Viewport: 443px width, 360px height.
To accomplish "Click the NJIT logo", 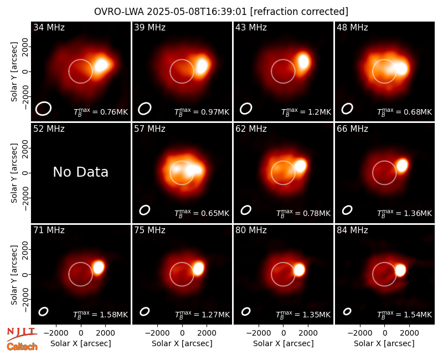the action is click(22, 334).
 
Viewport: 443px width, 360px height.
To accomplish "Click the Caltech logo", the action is click(22, 347).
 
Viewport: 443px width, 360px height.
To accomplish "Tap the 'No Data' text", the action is click(80, 172).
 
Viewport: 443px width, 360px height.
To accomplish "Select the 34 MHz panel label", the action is click(49, 27).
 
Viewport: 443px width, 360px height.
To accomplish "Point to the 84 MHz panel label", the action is click(352, 230).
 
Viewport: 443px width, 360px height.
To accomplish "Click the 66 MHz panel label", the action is click(352, 129).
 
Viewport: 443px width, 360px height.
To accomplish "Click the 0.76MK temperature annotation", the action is click(101, 112).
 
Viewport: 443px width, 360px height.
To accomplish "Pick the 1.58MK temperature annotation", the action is click(101, 314).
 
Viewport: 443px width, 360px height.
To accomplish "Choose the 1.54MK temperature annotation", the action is click(405, 314).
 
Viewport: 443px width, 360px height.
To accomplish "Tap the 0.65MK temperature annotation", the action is click(202, 213).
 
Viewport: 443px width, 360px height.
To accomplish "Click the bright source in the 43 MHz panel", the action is click(303, 61).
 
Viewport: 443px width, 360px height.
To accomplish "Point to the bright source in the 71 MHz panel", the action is click(99, 268).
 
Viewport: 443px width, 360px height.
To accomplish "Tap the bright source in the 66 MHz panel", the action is click(402, 165).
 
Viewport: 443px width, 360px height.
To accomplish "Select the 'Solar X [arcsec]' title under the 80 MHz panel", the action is click(284, 343).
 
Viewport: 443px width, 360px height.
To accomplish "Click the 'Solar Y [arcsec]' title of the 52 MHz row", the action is click(14, 173).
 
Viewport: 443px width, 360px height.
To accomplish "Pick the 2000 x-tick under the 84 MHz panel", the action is click(409, 333).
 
